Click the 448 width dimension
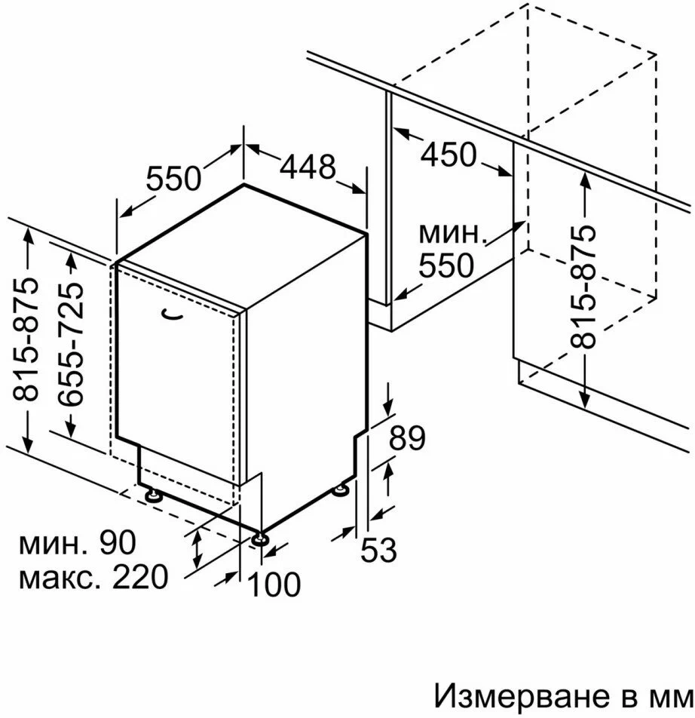point(308,167)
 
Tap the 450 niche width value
point(449,155)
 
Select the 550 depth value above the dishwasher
point(173,178)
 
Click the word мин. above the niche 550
point(452,233)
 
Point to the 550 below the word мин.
point(446,265)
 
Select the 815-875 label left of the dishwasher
point(25,339)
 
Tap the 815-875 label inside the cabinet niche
point(583,286)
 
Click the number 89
point(407,438)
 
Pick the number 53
point(378,550)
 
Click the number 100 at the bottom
point(274,585)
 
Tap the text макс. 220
point(93,578)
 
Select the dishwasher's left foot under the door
point(153,496)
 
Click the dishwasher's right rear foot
point(341,489)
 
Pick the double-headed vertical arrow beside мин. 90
point(197,550)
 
